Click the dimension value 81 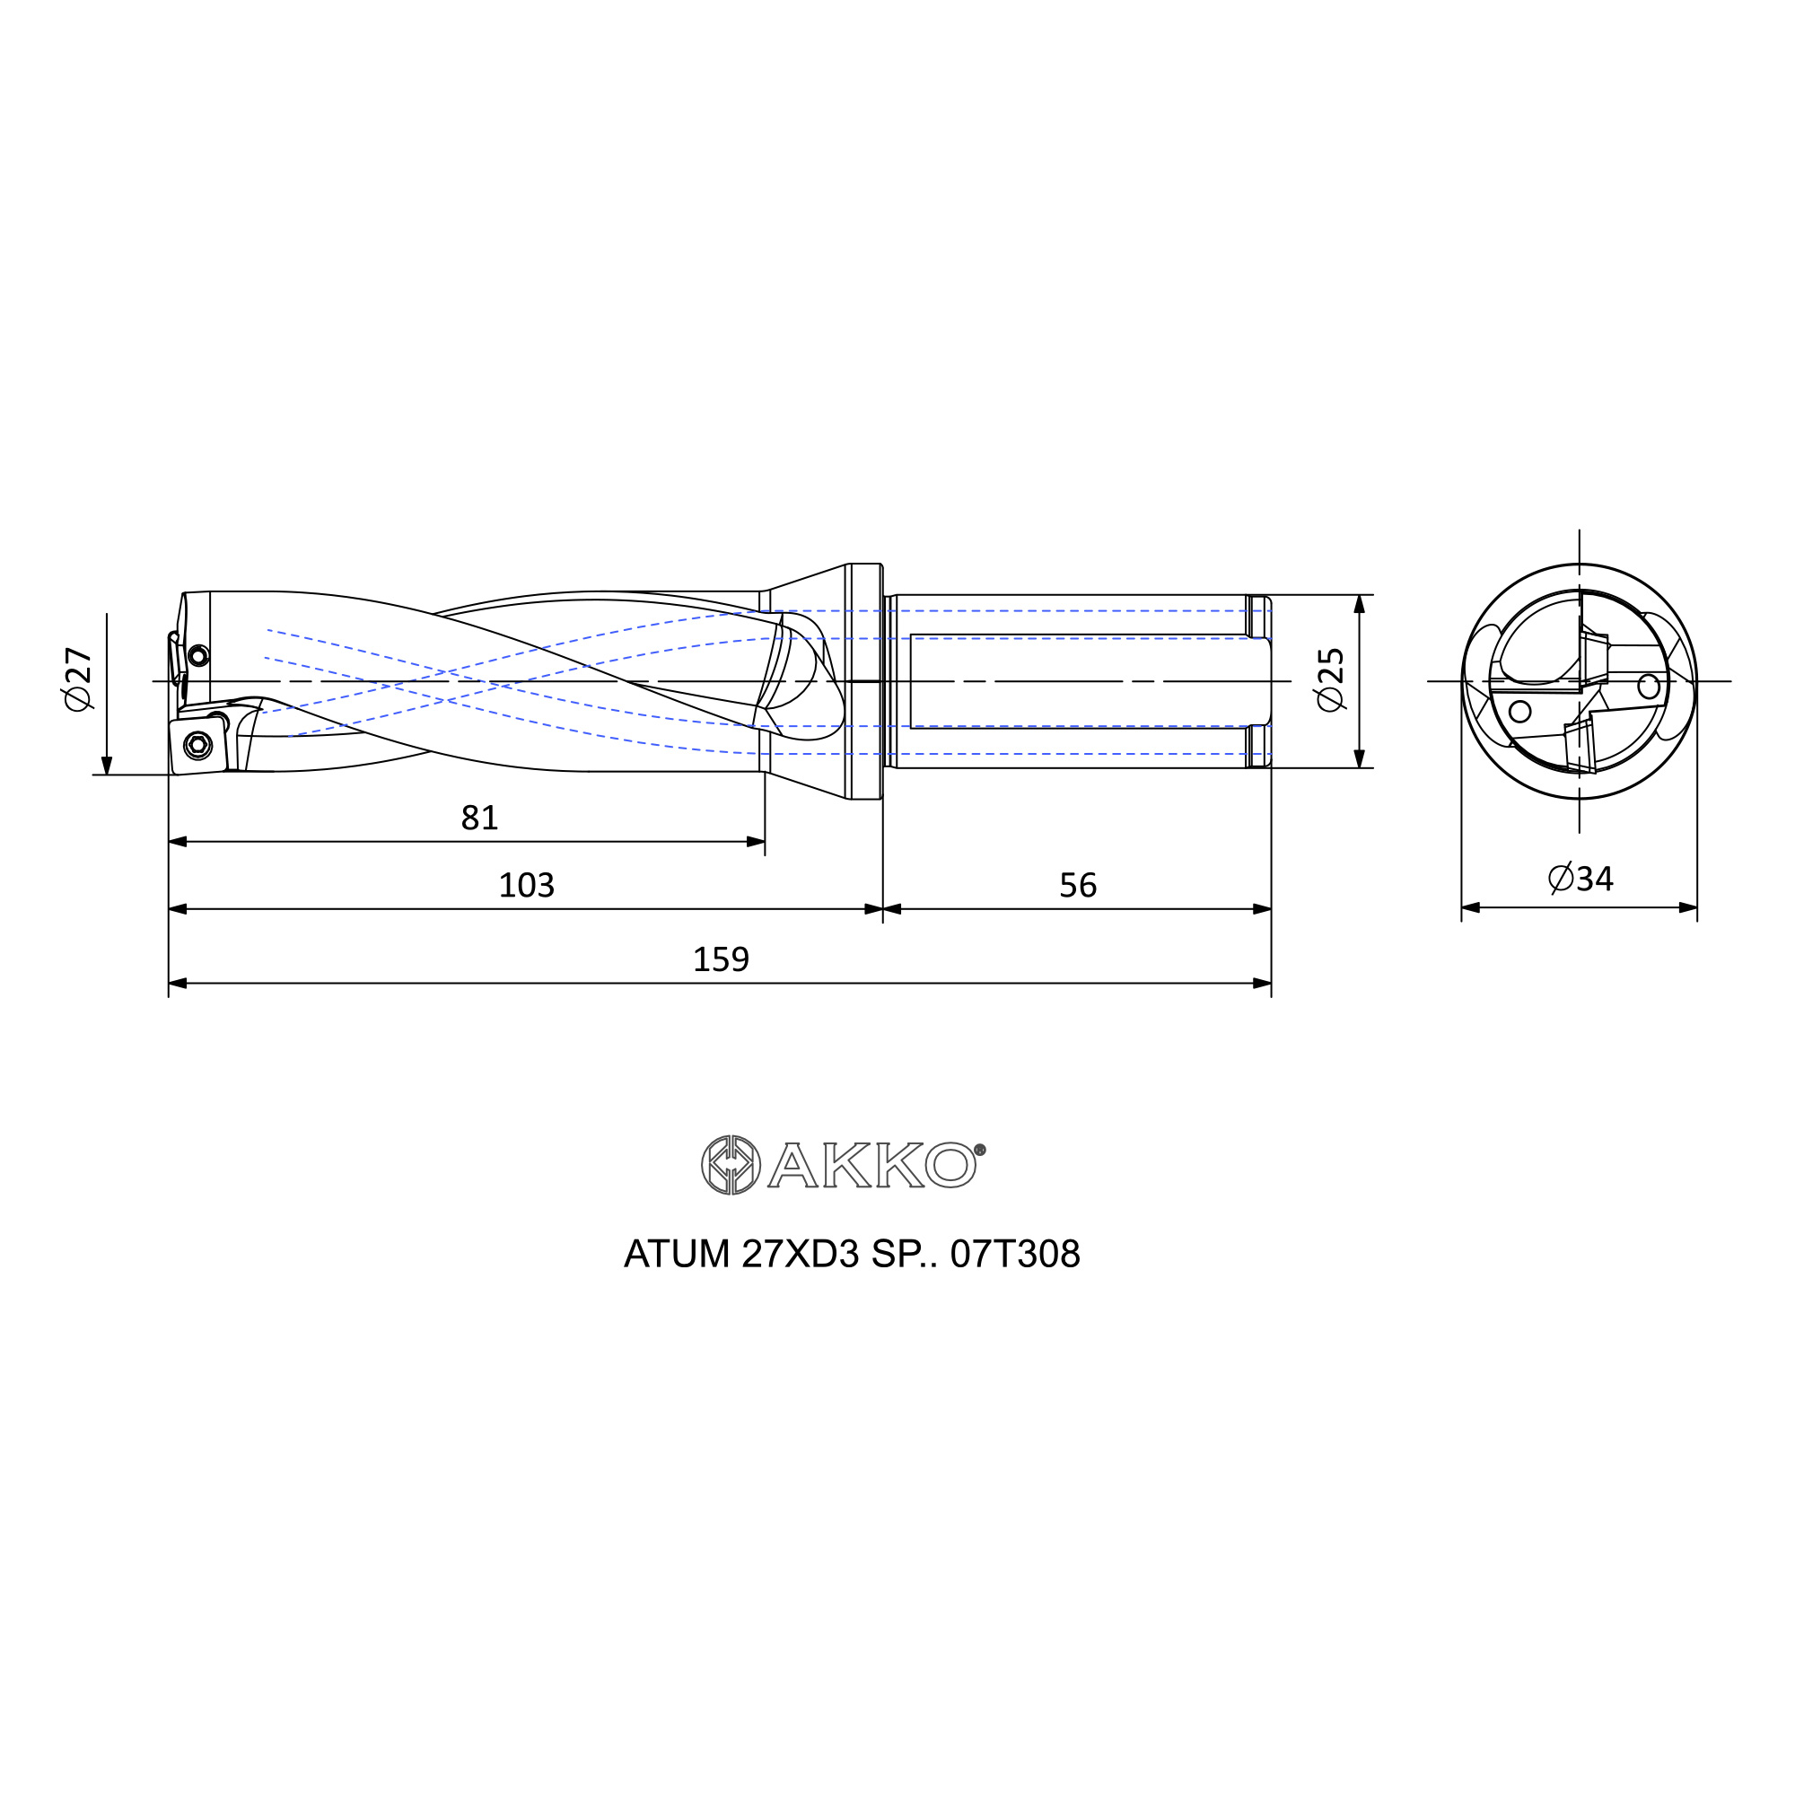[479, 818]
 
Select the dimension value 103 [526, 885]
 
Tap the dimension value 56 [1078, 885]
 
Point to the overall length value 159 [720, 959]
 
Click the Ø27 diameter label [79, 679]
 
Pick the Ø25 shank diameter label [1330, 679]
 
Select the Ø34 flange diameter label [1580, 878]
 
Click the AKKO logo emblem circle [731, 1164]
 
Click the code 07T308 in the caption [1014, 1255]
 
